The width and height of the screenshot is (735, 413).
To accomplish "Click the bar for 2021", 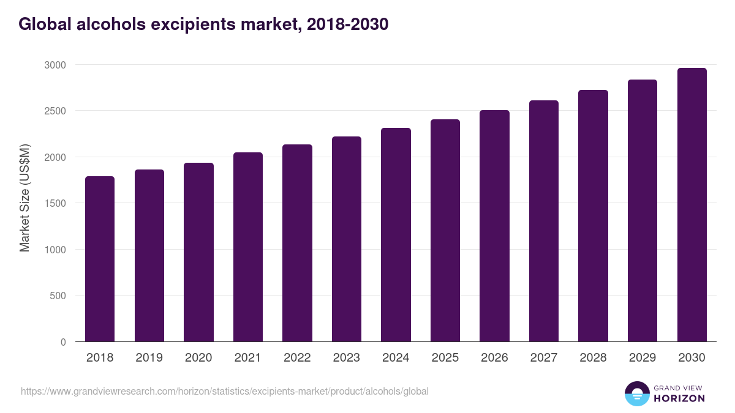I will click(247, 247).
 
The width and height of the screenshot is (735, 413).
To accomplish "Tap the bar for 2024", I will click(396, 235).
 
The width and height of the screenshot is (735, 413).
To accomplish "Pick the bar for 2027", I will click(544, 221).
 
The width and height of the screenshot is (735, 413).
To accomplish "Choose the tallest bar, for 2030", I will click(692, 205).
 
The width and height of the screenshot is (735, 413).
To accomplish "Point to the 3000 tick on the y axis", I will click(55, 65).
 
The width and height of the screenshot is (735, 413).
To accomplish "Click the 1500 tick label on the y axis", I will click(55, 203).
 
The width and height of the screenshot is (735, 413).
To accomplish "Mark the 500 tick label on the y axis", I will click(58, 296).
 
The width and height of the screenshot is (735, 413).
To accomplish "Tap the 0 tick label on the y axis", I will click(63, 342).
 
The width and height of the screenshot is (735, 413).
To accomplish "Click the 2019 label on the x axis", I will click(149, 358).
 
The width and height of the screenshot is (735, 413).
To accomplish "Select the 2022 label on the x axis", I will click(297, 358).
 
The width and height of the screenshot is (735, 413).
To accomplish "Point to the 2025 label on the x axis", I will click(445, 358).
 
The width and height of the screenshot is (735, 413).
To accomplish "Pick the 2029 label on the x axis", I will click(643, 358).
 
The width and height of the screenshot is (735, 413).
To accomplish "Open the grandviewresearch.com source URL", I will click(224, 391).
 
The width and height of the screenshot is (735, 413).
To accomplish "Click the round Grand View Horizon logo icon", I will click(637, 393).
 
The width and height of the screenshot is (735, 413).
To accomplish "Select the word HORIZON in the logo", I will click(679, 398).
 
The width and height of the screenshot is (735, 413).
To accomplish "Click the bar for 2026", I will click(494, 226).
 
